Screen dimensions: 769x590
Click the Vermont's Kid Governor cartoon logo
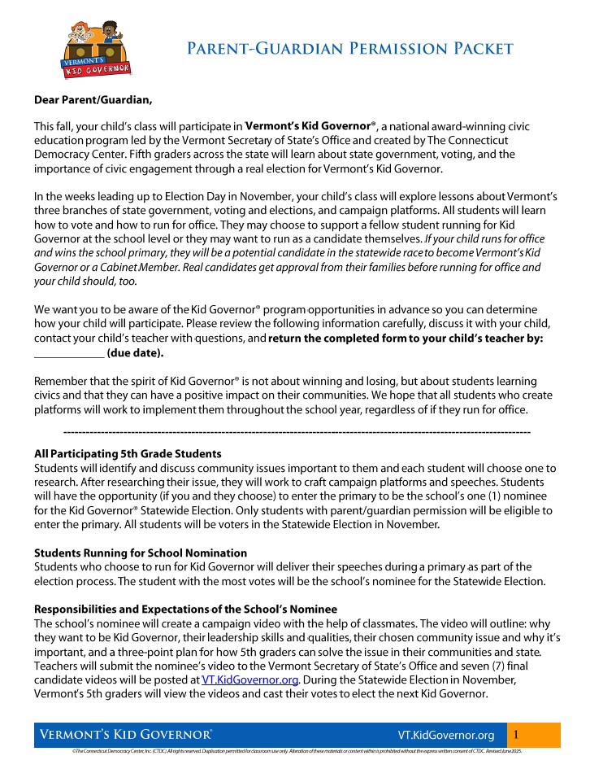(98, 50)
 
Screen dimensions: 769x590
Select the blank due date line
(69, 354)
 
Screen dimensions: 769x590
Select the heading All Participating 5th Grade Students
(128, 453)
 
